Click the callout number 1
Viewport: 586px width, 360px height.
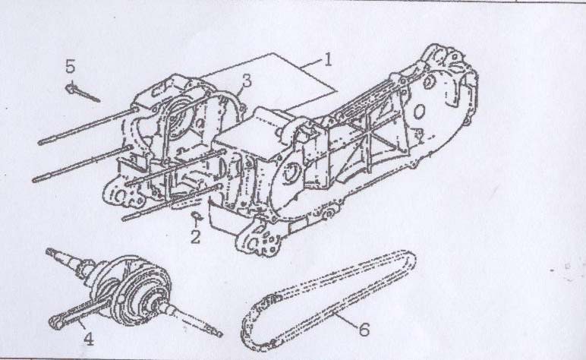327,59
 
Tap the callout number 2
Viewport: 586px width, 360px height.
195,237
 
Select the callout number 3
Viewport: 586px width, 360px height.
246,81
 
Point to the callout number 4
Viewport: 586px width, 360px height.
88,339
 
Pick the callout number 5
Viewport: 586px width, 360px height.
71,66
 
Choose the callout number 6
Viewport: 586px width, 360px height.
364,330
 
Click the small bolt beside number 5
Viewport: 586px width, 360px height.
82,93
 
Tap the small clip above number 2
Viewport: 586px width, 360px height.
196,216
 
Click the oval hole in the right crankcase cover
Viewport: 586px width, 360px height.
419,111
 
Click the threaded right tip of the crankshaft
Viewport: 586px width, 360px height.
210,325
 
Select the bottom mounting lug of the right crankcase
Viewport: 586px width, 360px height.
258,241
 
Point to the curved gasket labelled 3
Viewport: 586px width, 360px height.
231,98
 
